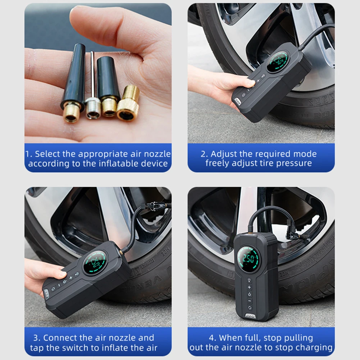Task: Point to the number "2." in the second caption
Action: coord(204,154)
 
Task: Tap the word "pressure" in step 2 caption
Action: coord(295,163)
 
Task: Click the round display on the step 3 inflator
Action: coord(95,263)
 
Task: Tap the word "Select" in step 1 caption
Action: coord(47,154)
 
